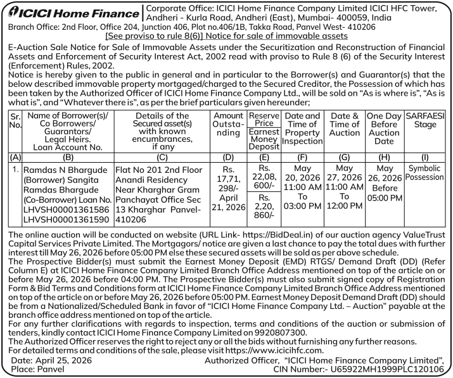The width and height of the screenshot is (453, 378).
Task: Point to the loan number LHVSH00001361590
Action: [65, 219]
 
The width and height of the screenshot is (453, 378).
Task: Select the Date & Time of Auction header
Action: [345, 125]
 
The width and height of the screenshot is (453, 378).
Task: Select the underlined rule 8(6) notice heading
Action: [226, 37]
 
